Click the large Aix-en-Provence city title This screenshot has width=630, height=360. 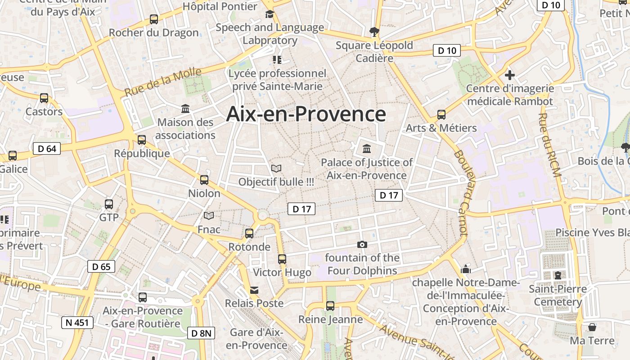pyautogui.click(x=306, y=114)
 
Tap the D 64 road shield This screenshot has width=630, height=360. pyautogui.click(x=47, y=148)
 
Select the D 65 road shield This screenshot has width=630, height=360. pyautogui.click(x=101, y=266)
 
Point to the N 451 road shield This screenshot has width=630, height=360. pyautogui.click(x=77, y=322)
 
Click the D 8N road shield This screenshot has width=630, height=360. pyautogui.click(x=201, y=333)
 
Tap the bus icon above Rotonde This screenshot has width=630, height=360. pyautogui.click(x=249, y=234)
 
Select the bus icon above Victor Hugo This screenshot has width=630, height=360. pyautogui.click(x=282, y=259)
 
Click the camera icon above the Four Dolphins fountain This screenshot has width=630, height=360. pyautogui.click(x=362, y=244)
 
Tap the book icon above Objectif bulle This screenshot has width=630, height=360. pyautogui.click(x=276, y=168)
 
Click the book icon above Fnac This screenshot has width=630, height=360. pyautogui.click(x=209, y=216)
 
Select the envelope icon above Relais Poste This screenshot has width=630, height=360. pyautogui.click(x=254, y=290)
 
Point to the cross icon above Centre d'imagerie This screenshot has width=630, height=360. pyautogui.click(x=510, y=75)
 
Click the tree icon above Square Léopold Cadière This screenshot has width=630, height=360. pyautogui.click(x=374, y=32)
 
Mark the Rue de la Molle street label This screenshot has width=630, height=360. pyautogui.click(x=163, y=82)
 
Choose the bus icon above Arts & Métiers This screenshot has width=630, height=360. pyautogui.click(x=441, y=114)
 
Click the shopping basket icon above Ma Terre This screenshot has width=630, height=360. pyautogui.click(x=592, y=327)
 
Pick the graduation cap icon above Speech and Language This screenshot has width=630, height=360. pyautogui.click(x=270, y=14)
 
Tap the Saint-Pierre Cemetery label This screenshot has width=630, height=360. pyautogui.click(x=558, y=295)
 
